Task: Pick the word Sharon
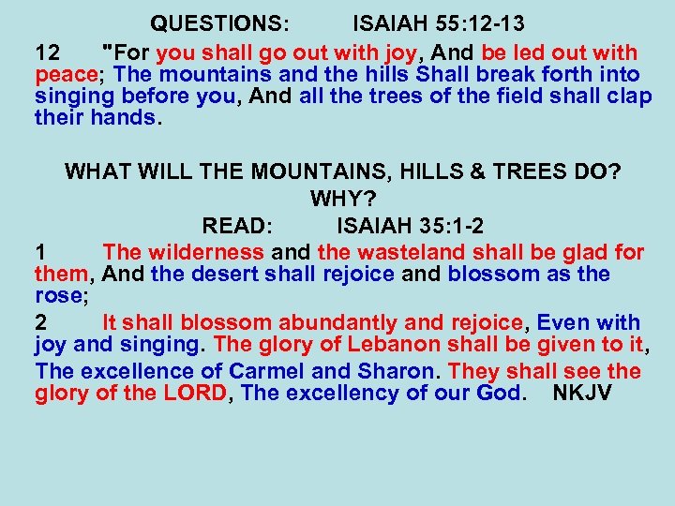[382, 370]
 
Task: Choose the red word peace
[67, 74]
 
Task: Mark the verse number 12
[47, 52]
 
